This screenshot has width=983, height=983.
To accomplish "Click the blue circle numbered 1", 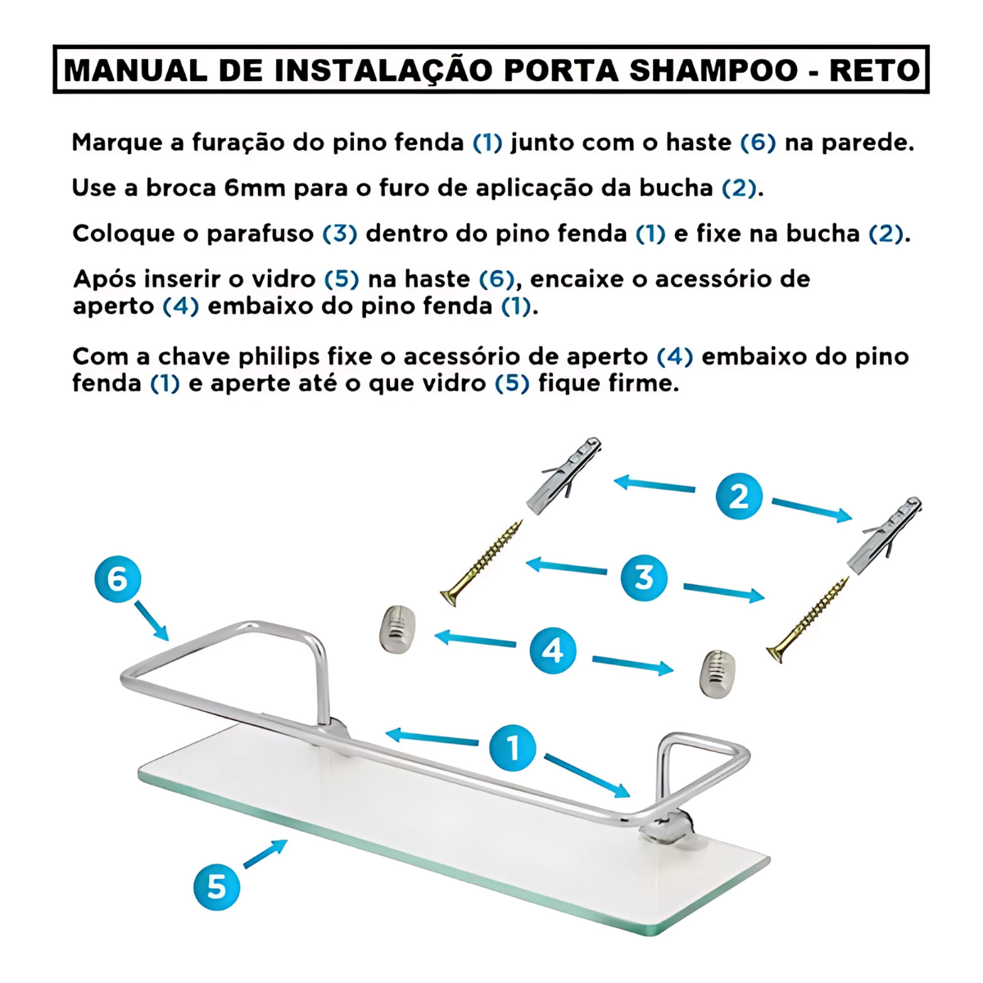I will pyautogui.click(x=513, y=748).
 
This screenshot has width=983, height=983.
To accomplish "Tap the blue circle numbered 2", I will pyautogui.click(x=739, y=496).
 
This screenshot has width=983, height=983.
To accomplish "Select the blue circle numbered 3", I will pyautogui.click(x=644, y=578).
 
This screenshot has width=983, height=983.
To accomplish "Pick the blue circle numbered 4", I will pyautogui.click(x=553, y=650).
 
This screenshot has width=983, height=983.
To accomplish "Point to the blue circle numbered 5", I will pyautogui.click(x=216, y=886).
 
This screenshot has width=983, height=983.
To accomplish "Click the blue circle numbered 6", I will pyautogui.click(x=117, y=579).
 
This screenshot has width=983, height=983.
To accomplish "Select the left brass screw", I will pyautogui.click(x=482, y=563).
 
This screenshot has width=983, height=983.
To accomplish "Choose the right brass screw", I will pyautogui.click(x=808, y=619).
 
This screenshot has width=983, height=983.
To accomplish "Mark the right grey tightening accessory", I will pyautogui.click(x=717, y=673).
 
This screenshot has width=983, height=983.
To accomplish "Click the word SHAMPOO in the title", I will pyautogui.click(x=713, y=70).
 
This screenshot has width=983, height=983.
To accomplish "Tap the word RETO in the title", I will pyautogui.click(x=874, y=70).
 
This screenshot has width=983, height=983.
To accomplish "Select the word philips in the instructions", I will pyautogui.click(x=279, y=357).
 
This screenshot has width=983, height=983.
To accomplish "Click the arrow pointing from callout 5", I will pyautogui.click(x=265, y=854).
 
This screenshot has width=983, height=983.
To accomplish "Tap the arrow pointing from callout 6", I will pyautogui.click(x=152, y=620).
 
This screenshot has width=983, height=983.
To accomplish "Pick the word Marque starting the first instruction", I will pyautogui.click(x=117, y=143).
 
